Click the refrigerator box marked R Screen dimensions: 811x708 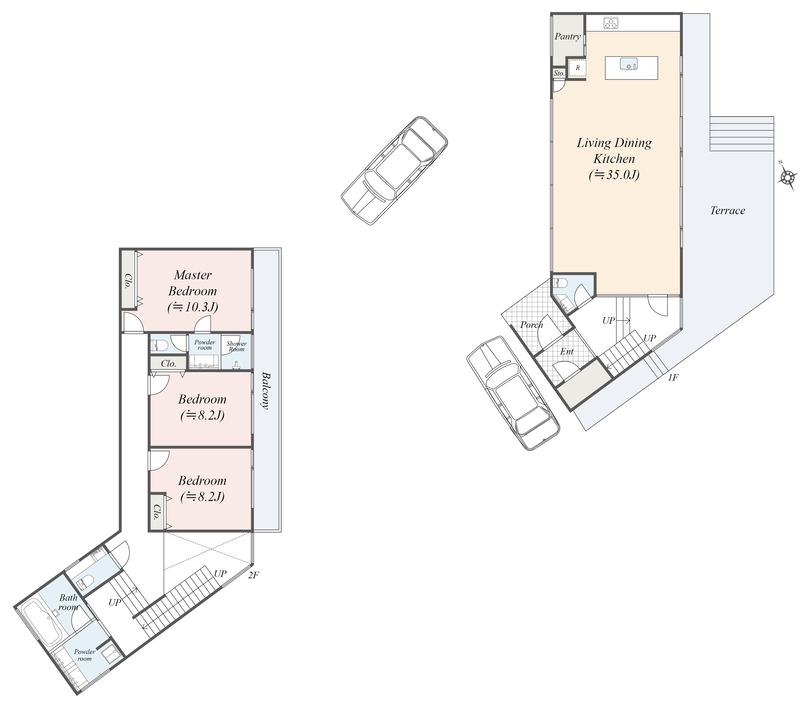(x=577, y=68)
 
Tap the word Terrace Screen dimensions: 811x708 (x=727, y=210)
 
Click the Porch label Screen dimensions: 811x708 (x=531, y=325)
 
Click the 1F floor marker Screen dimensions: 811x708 (x=673, y=378)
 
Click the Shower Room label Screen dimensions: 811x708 (x=237, y=346)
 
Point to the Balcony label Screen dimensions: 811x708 (x=266, y=391)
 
